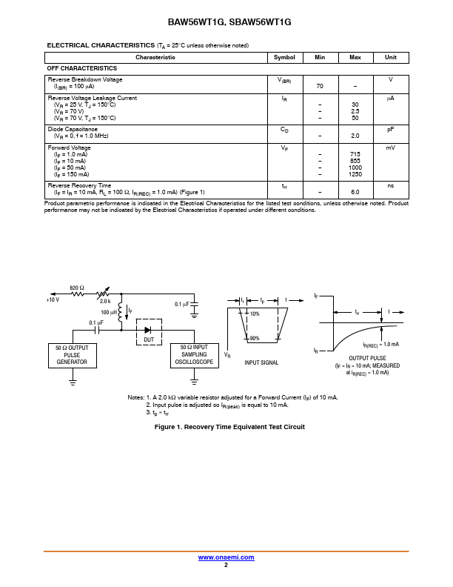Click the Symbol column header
(x=284, y=57)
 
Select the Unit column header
(x=390, y=57)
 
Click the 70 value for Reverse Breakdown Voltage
(x=320, y=86)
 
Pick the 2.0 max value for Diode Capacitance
(x=355, y=136)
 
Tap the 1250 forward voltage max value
(x=355, y=174)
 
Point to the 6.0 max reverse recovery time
(x=355, y=192)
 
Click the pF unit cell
(x=390, y=129)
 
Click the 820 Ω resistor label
(x=77, y=288)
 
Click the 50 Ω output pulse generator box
(x=72, y=355)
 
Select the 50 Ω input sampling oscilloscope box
(x=195, y=355)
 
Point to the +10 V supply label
(x=53, y=300)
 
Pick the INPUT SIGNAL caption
(x=261, y=362)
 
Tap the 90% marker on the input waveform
(x=255, y=338)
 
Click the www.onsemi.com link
(x=226, y=557)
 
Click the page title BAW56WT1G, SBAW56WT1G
(x=226, y=23)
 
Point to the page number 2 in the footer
(x=226, y=565)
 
